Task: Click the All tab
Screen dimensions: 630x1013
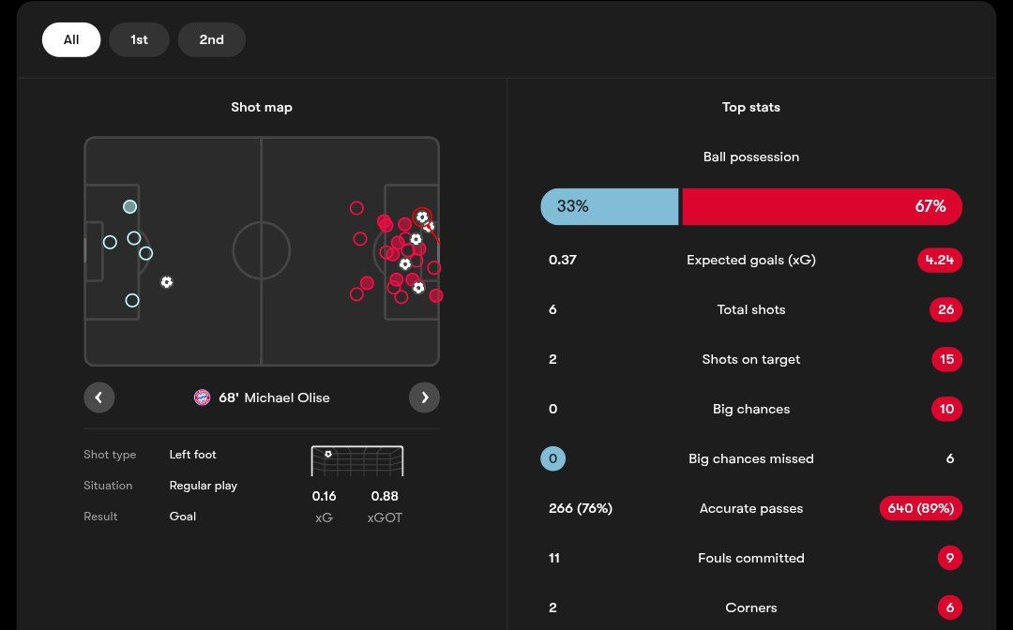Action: [71, 39]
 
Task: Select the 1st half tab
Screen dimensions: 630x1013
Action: [139, 39]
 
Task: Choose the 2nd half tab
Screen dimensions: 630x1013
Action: [211, 39]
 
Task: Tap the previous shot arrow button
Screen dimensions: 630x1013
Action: [98, 397]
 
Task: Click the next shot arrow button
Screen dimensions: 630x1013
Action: [424, 397]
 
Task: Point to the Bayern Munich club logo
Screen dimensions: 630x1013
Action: [202, 397]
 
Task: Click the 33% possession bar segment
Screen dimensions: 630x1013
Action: [609, 206]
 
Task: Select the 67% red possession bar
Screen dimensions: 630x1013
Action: [822, 206]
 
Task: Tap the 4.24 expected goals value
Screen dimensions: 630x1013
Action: [939, 260]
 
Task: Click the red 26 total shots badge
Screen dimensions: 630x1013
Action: [945, 309]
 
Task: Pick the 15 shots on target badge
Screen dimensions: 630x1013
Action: [946, 359]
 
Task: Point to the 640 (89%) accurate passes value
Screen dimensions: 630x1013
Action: [920, 508]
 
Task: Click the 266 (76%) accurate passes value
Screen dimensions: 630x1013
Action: [580, 508]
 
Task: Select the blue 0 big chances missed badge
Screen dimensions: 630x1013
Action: [552, 458]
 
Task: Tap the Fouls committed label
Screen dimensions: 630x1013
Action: [750, 558]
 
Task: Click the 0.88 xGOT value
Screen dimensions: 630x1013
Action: [385, 496]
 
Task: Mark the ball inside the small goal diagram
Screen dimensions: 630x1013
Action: [328, 454]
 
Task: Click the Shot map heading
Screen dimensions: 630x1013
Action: [262, 107]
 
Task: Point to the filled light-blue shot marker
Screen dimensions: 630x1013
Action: [129, 206]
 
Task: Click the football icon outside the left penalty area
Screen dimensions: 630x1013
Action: [166, 282]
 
